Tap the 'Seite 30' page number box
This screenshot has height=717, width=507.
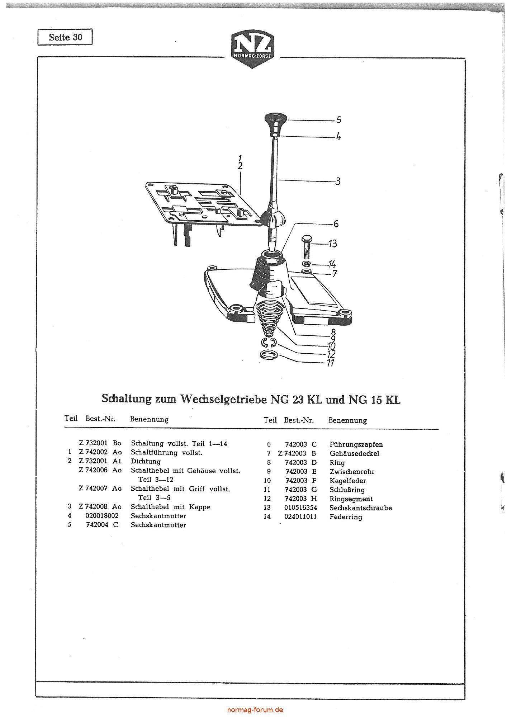tap(65, 37)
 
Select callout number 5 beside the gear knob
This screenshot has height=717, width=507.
tap(338, 120)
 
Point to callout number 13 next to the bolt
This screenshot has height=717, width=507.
tap(333, 244)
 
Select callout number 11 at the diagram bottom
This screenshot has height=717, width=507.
tap(331, 363)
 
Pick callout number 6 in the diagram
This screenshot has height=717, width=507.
tap(336, 224)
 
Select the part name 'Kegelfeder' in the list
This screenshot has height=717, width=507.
tap(347, 481)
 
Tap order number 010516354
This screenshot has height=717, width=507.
tap(301, 508)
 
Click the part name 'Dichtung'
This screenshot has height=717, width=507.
tap(146, 462)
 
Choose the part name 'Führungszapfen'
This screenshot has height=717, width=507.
tap(356, 445)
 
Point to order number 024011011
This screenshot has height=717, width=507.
tap(301, 517)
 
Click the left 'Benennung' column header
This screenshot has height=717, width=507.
tap(149, 419)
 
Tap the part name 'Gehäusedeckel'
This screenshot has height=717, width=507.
tap(354, 454)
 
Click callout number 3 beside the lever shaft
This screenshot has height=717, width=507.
tap(337, 181)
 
